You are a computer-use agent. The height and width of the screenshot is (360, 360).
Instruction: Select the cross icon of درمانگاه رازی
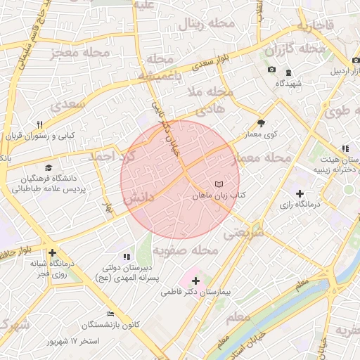click(x=300, y=193)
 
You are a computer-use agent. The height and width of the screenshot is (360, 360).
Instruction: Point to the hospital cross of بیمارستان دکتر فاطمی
click(x=195, y=281)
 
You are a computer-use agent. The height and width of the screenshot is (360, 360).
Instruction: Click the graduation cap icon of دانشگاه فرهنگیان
click(x=49, y=167)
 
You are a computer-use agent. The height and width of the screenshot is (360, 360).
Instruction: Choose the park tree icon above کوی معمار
click(x=262, y=120)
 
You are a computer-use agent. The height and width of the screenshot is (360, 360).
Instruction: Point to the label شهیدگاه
click(x=288, y=84)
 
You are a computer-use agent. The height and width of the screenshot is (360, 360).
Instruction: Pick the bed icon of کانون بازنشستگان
click(x=110, y=314)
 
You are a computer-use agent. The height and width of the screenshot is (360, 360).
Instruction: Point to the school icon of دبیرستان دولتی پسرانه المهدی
click(x=127, y=257)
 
